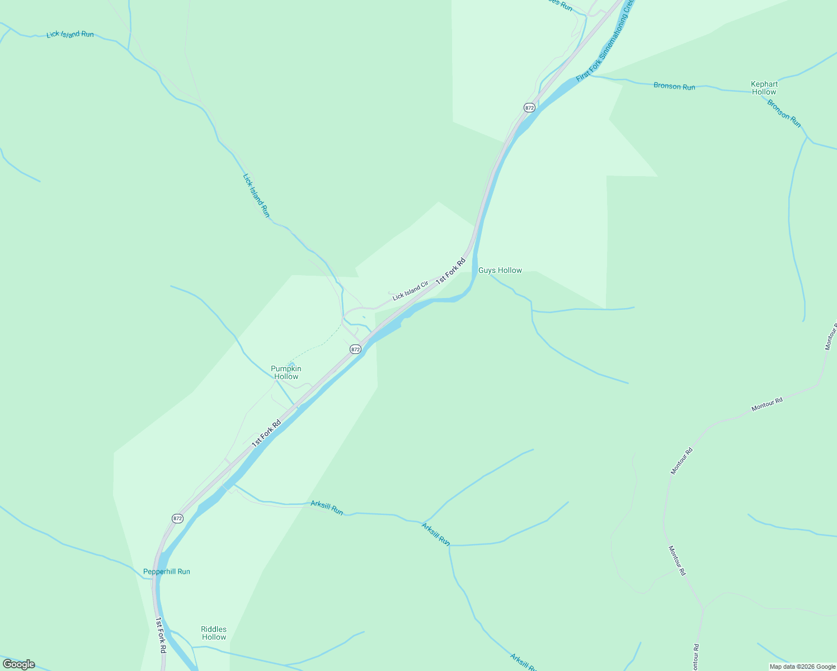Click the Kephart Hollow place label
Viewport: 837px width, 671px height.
764,88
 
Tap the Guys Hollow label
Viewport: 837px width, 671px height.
500,271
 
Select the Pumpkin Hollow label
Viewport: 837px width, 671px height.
286,372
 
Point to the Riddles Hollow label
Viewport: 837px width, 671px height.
214,633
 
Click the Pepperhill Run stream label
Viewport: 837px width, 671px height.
167,571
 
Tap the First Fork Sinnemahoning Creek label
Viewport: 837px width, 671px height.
606,40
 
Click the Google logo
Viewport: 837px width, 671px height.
18,664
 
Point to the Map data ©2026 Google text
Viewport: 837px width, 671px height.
802,667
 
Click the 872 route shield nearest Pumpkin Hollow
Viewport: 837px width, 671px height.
355,349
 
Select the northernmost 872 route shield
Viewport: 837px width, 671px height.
529,107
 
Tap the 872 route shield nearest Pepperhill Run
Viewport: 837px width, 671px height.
177,518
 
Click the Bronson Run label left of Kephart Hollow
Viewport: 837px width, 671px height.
674,86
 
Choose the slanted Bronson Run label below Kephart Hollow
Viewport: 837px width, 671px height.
784,113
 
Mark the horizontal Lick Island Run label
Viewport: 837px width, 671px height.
70,34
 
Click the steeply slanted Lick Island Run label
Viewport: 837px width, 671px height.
256,195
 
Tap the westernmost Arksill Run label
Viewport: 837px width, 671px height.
327,508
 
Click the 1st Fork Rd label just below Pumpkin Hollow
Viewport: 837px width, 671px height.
266,433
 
